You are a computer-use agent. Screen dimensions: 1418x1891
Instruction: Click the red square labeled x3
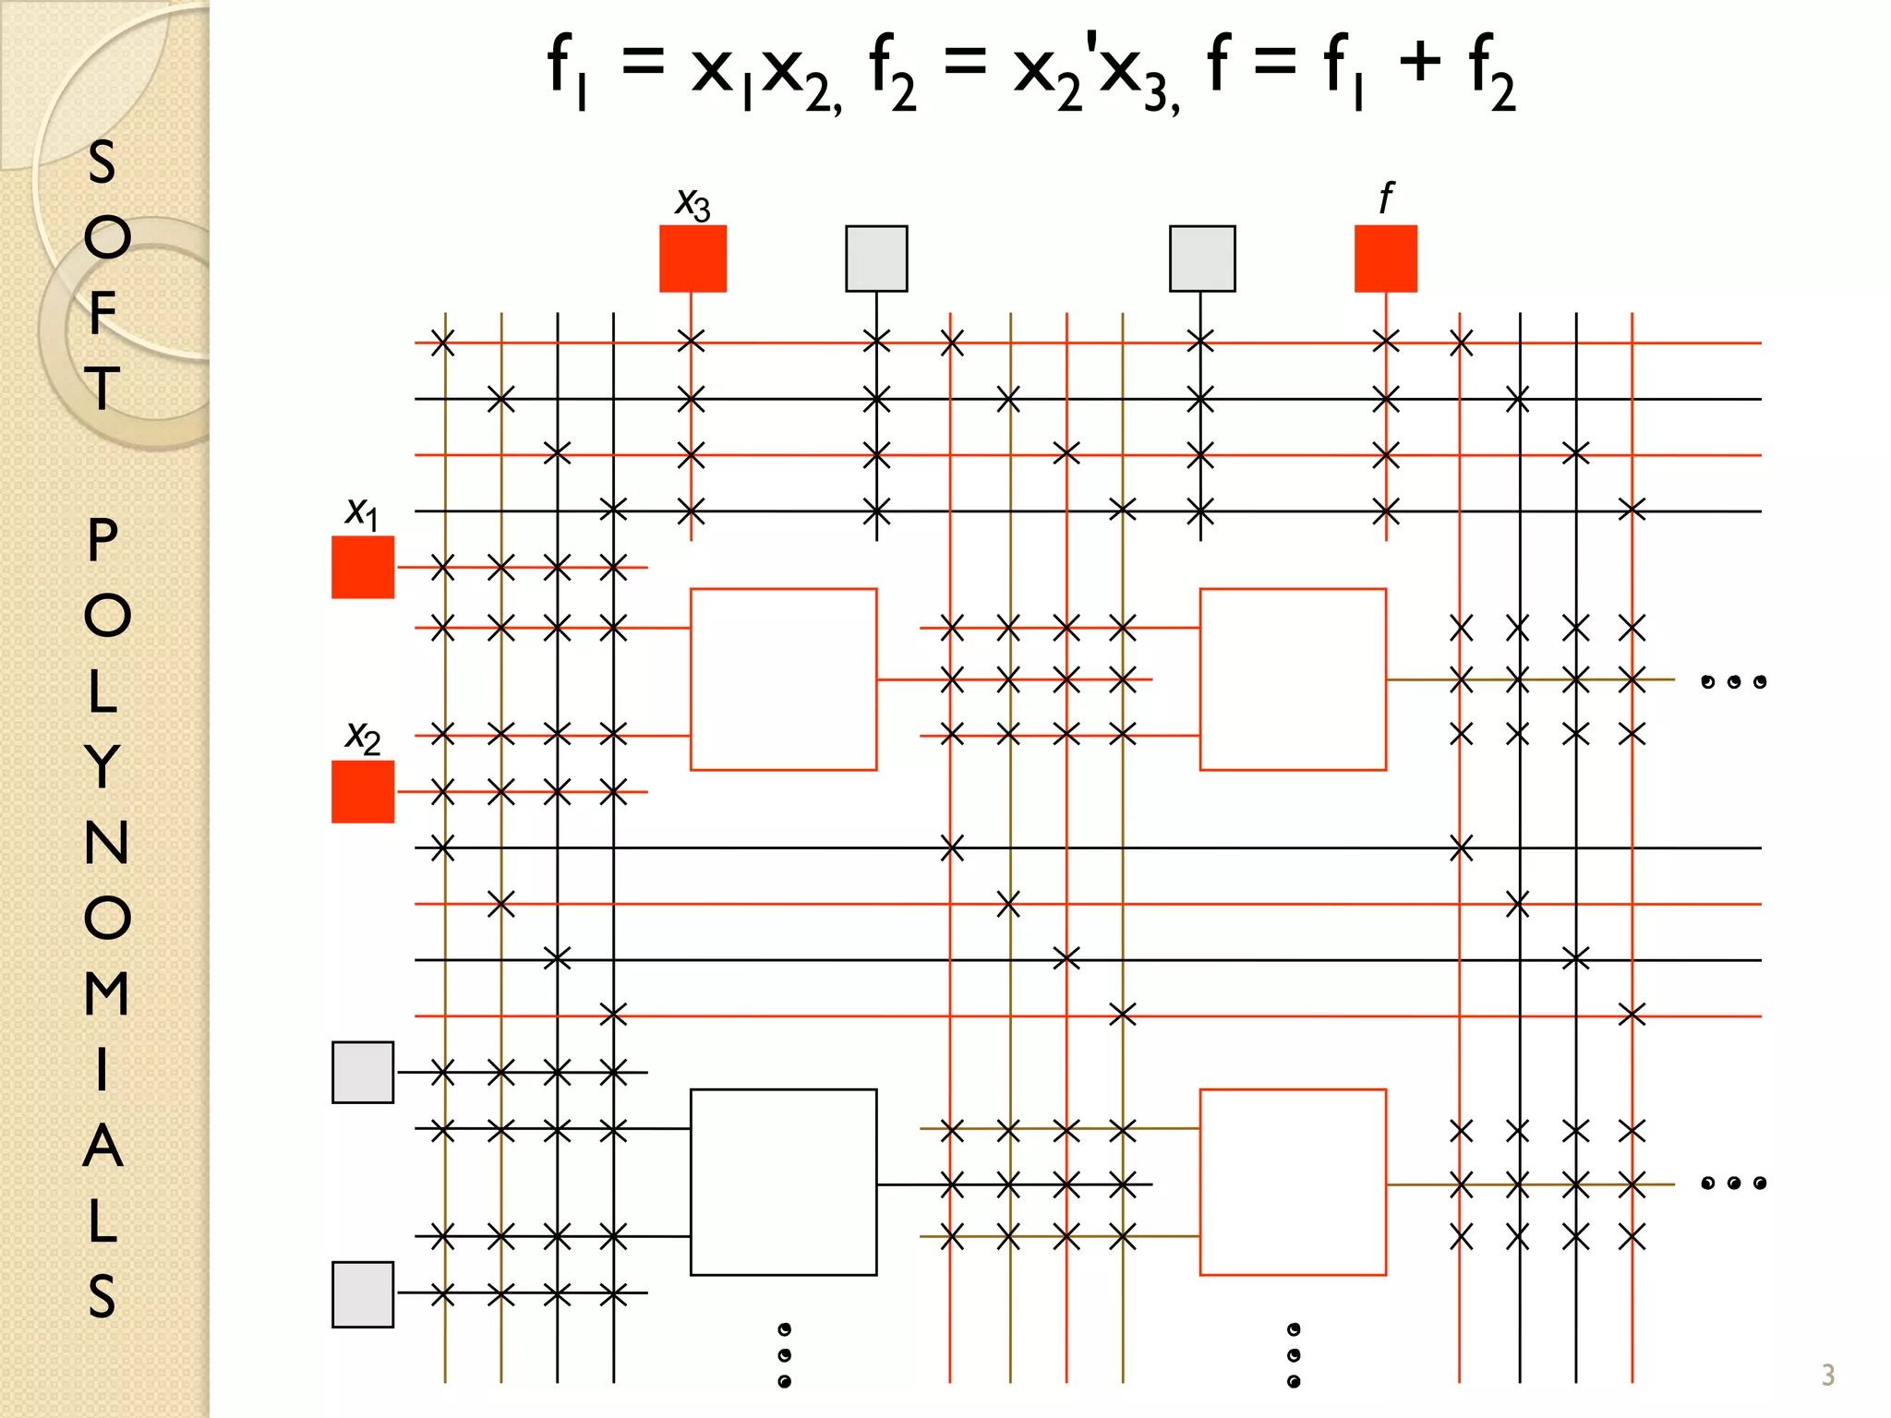pos(693,258)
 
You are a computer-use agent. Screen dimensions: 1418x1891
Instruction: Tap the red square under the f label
pos(1385,258)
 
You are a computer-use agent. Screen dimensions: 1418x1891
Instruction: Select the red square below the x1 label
pos(363,567)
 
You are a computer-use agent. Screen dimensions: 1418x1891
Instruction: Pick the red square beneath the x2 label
pos(363,791)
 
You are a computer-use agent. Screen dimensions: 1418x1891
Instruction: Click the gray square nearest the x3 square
pos(876,258)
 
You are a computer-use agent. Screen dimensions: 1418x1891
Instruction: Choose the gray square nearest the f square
pos(1201,258)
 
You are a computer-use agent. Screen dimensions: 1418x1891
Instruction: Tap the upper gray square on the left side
pos(363,1072)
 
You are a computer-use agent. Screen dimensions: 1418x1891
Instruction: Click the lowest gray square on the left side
pos(363,1293)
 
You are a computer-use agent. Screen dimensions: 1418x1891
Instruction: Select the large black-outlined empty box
pos(783,1182)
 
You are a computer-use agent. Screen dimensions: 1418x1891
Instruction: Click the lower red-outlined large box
pos(1293,1182)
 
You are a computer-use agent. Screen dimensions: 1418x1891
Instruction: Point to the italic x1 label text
pos(361,511)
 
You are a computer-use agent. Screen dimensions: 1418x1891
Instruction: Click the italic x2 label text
pos(362,737)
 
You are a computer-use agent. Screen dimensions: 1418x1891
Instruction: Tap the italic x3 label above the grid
pos(693,203)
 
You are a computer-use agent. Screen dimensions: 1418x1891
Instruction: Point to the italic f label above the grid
pos(1385,198)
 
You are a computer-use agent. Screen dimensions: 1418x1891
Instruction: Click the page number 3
pos(1827,1375)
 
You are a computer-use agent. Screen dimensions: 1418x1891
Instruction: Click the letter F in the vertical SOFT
pos(103,312)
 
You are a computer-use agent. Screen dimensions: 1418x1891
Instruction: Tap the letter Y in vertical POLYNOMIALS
pos(103,766)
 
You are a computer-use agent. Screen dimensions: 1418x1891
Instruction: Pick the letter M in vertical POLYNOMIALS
pos(106,993)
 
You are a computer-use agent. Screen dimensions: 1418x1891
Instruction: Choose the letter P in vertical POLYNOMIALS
pos(102,539)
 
